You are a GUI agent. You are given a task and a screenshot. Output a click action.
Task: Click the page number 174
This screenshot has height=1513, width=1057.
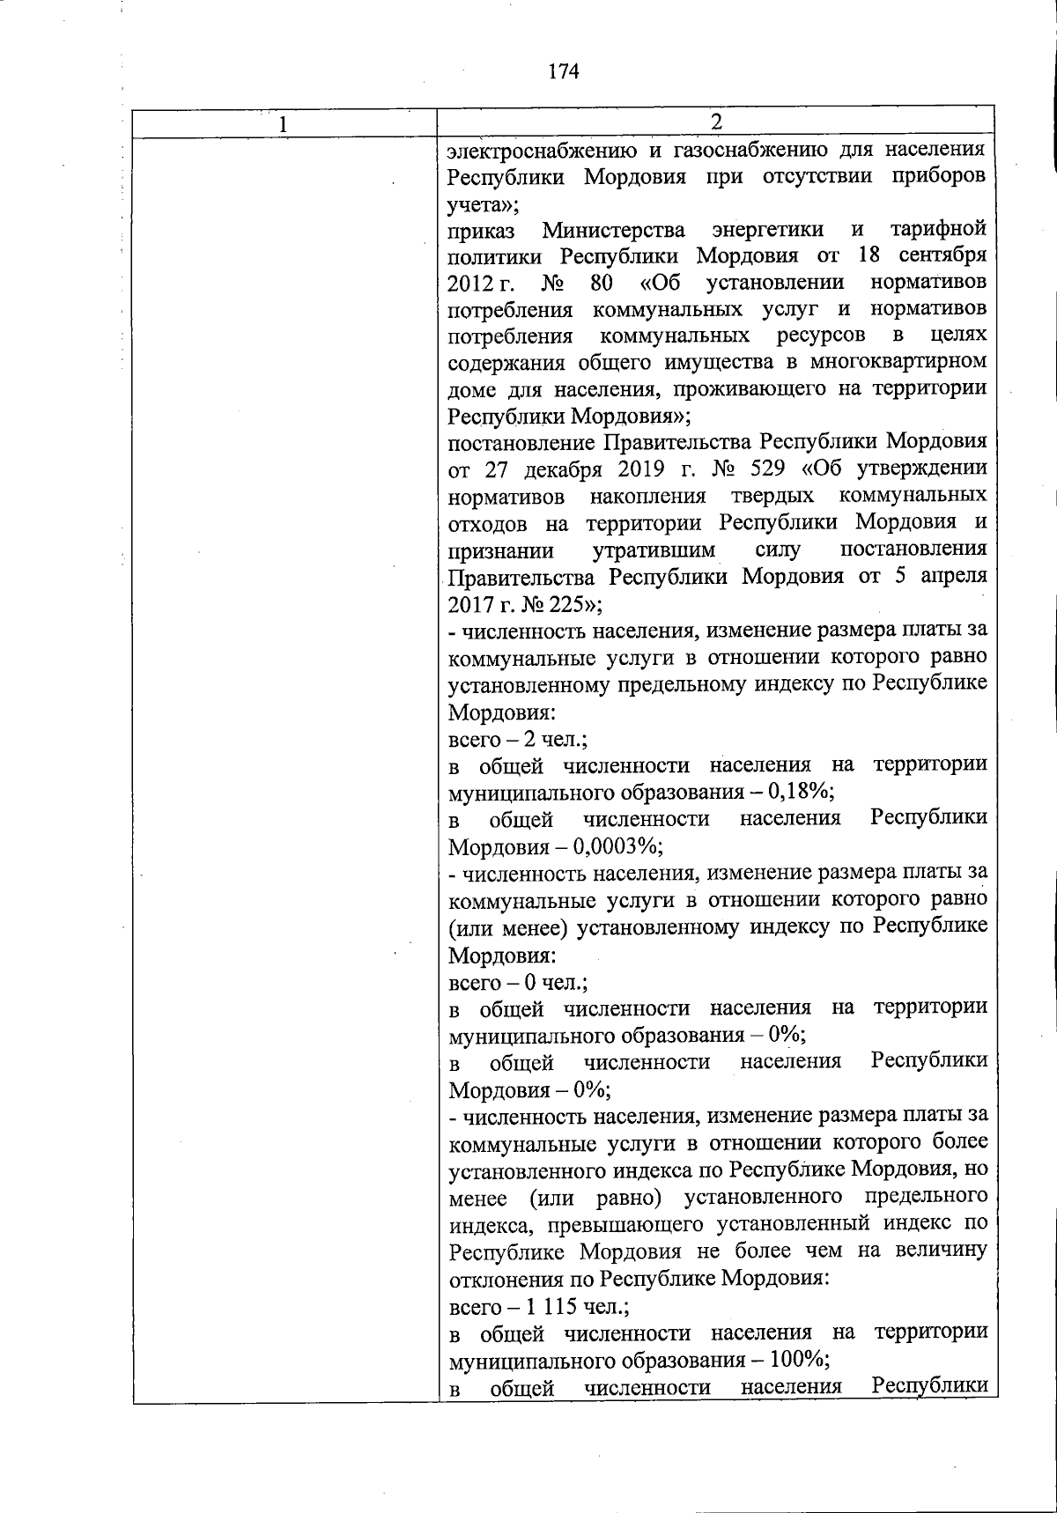[563, 71]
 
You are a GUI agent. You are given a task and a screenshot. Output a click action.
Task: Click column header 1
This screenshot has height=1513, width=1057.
[283, 124]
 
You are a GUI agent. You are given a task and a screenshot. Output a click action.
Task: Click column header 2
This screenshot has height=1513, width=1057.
[716, 121]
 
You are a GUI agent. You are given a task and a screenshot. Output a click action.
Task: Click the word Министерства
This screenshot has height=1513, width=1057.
[613, 230]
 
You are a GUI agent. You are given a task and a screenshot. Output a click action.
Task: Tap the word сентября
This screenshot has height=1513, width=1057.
[942, 256]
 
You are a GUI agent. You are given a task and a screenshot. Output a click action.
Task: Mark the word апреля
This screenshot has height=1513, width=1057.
[953, 577]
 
